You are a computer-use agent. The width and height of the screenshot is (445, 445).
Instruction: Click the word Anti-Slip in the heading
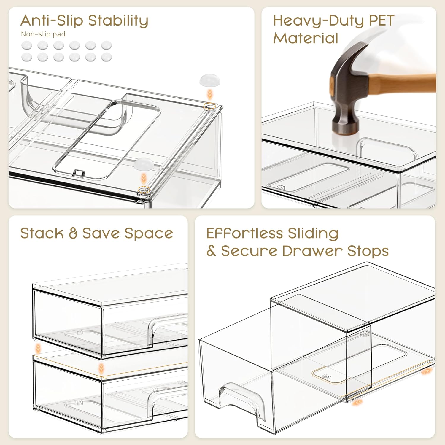tap(52, 20)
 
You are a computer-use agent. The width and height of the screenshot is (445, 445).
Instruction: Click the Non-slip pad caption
tap(43, 34)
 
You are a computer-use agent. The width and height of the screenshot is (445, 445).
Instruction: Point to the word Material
tap(306, 38)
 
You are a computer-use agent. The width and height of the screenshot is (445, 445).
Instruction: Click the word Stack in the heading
tap(42, 233)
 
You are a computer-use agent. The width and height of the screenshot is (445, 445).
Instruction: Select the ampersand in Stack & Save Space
tap(73, 233)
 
